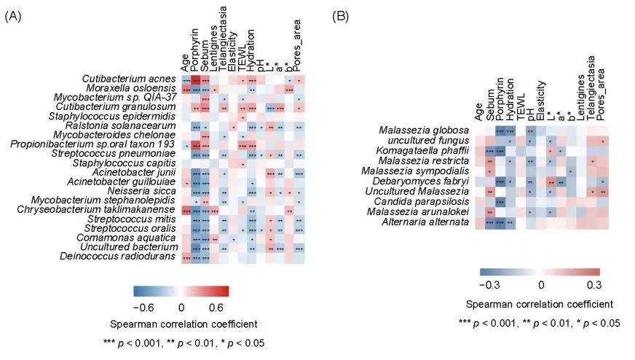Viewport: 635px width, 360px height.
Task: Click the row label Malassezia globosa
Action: pyautogui.click(x=431, y=130)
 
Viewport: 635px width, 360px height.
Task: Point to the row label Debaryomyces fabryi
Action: pyautogui.click(x=429, y=180)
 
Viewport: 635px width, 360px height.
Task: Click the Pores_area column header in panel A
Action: pyautogui.click(x=299, y=44)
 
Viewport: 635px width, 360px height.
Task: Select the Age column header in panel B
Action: pyautogui.click(x=478, y=109)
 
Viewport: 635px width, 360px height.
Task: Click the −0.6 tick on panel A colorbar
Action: pyautogui.click(x=146, y=308)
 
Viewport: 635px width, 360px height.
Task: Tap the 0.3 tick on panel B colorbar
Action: pyautogui.click(x=593, y=283)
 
